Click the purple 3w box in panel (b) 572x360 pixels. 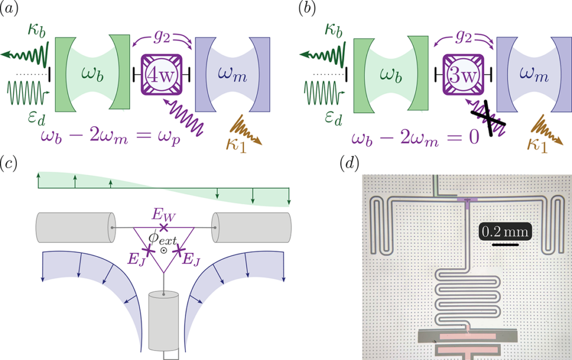[x=461, y=74]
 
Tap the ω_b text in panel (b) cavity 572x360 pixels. [x=385, y=75]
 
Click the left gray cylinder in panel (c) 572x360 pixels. [x=73, y=228]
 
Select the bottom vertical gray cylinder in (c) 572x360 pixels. [x=163, y=321]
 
